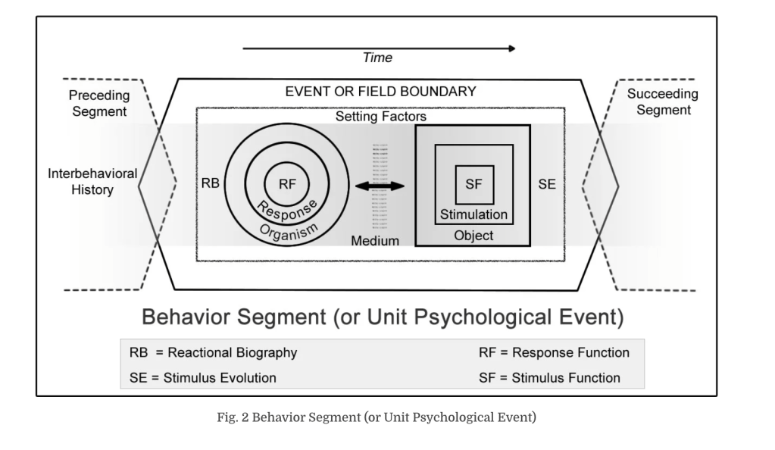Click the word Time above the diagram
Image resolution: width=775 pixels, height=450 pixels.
[x=377, y=58]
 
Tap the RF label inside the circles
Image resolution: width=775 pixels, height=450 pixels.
[x=287, y=183]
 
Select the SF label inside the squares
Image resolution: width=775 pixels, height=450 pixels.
[x=473, y=183]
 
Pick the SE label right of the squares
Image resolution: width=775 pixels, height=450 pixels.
[x=546, y=184]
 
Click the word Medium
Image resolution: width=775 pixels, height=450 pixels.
[x=375, y=241]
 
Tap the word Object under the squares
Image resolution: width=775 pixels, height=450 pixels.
[x=473, y=236]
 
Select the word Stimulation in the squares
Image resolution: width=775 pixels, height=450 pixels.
[x=473, y=214]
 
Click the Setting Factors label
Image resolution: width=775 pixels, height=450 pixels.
[x=381, y=117]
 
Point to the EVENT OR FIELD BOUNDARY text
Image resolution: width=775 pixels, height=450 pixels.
[x=380, y=92]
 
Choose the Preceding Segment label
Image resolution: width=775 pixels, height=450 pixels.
[x=98, y=104]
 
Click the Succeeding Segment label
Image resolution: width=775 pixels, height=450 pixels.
[x=663, y=102]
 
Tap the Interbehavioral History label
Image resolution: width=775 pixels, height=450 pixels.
[x=92, y=182]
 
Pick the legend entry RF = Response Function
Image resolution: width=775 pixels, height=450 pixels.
[x=554, y=352]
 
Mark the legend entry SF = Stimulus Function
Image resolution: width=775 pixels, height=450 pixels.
[x=549, y=377]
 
